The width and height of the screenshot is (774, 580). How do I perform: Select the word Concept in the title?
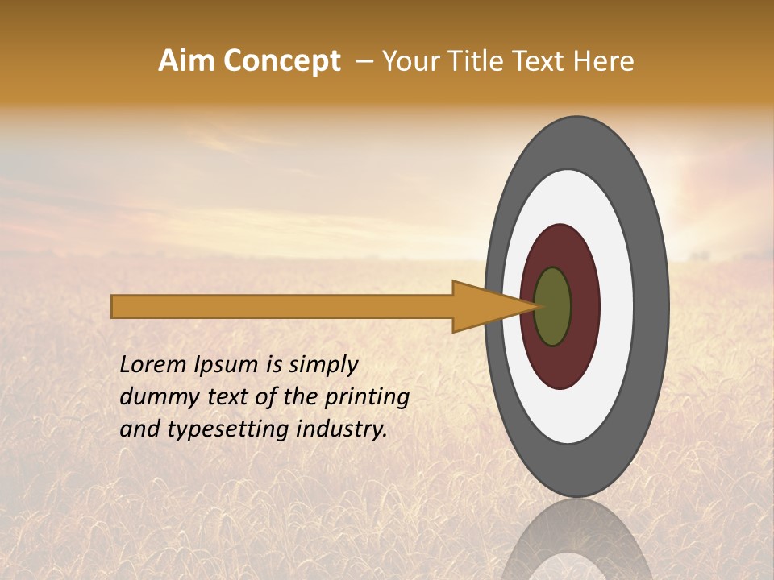click(282, 61)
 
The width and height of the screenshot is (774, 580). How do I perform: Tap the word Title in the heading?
click(469, 61)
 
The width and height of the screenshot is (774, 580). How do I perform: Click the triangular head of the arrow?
click(484, 306)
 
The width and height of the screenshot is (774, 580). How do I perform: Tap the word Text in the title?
click(540, 61)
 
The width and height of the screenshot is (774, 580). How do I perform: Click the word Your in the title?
click(408, 61)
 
